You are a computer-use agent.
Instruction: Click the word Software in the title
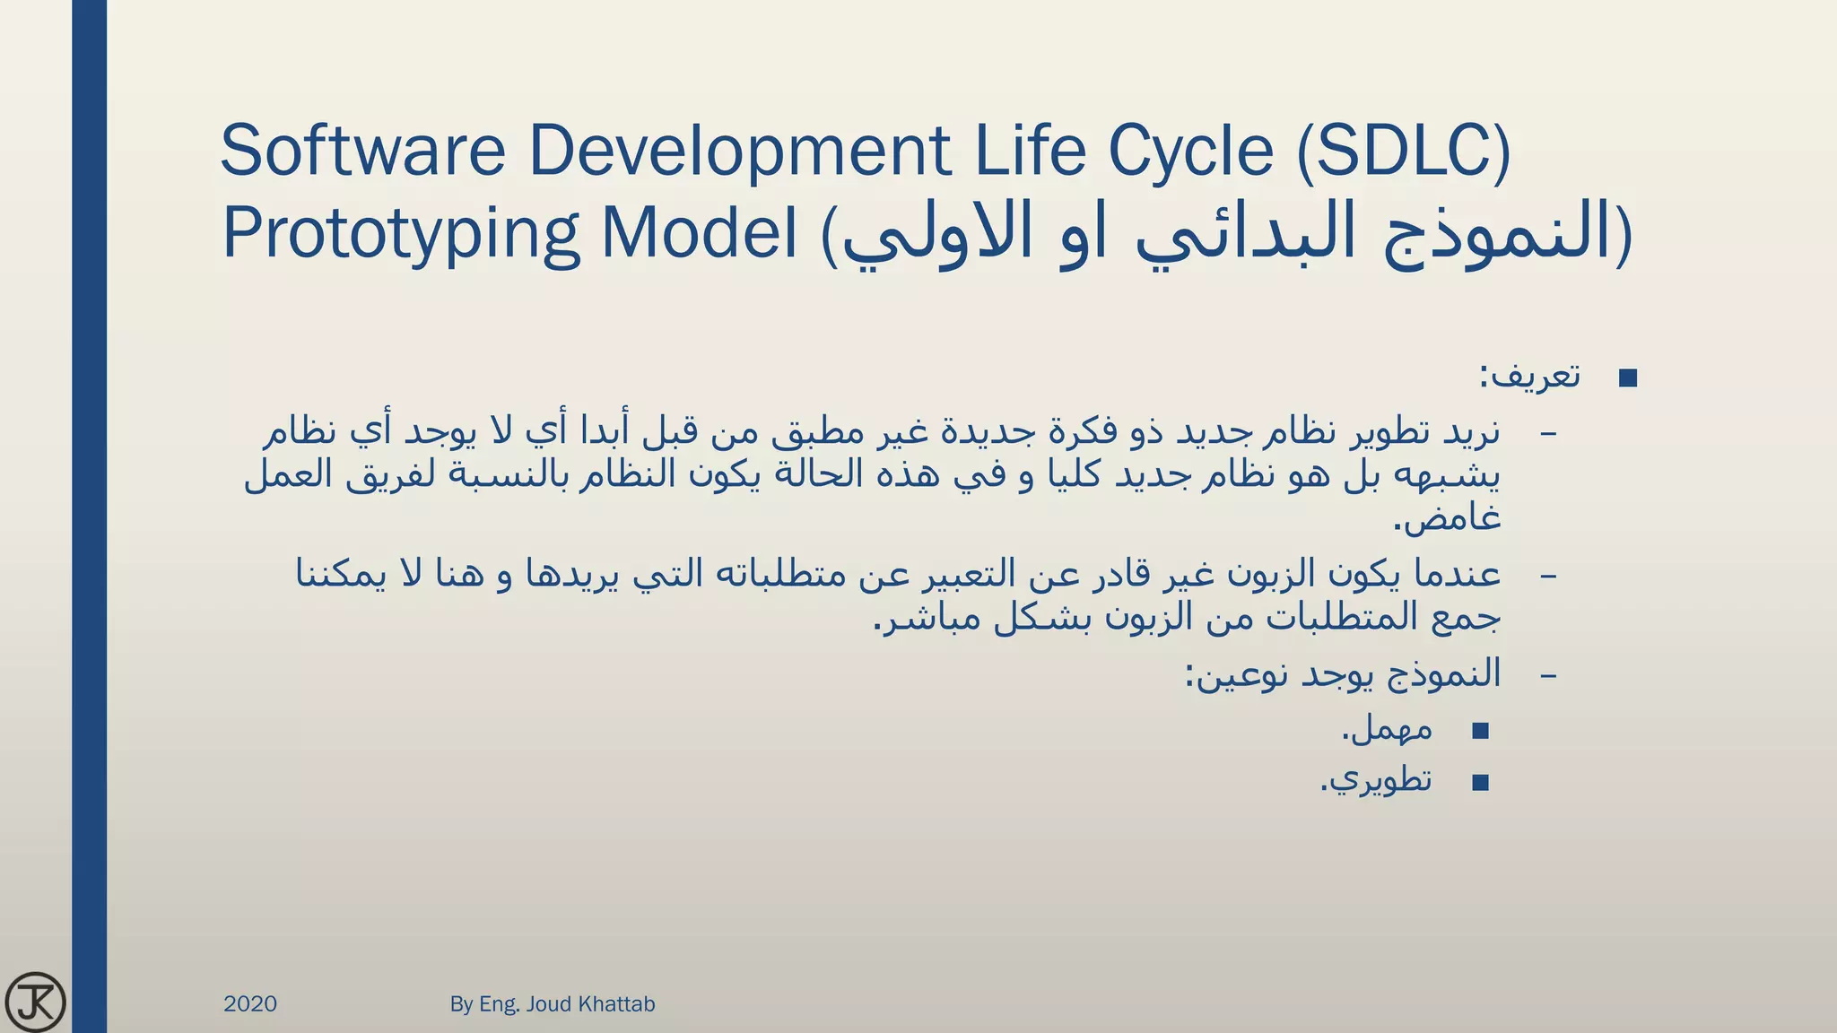[x=362, y=150]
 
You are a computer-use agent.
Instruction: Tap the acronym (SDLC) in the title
[x=1404, y=150]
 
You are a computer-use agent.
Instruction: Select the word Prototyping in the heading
[x=401, y=232]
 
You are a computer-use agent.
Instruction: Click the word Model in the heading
[x=700, y=232]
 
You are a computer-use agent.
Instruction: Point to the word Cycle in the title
[x=1190, y=150]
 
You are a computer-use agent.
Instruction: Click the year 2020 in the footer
[x=250, y=1003]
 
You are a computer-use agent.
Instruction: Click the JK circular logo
[x=35, y=1001]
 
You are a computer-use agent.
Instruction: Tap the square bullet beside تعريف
[x=1628, y=378]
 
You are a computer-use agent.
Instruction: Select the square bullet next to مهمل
[x=1480, y=731]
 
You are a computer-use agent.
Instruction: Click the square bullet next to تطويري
[x=1480, y=783]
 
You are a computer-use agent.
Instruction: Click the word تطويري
[x=1380, y=780]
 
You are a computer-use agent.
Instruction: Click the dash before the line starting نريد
[x=1547, y=434]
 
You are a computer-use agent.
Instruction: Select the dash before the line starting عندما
[x=1547, y=575]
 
